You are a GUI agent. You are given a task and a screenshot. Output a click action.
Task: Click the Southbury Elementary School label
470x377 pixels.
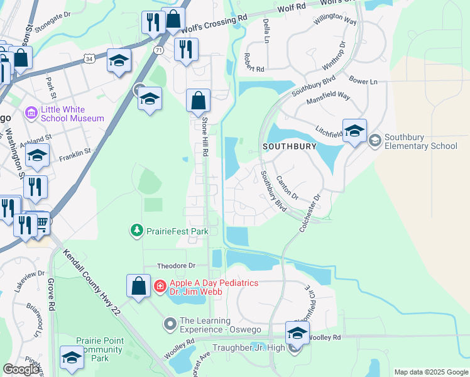(x=420, y=141)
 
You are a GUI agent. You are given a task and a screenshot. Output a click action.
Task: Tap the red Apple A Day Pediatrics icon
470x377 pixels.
(x=160, y=287)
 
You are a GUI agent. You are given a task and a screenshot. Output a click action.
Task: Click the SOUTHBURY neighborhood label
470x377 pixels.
(x=289, y=146)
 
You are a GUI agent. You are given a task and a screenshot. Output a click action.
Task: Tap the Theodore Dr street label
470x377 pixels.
(x=177, y=265)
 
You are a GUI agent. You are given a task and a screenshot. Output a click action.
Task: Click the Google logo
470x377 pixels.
(x=21, y=370)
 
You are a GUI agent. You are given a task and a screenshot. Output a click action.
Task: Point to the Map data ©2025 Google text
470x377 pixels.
(x=430, y=372)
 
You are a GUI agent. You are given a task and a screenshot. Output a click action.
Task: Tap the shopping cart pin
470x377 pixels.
(x=41, y=222)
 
